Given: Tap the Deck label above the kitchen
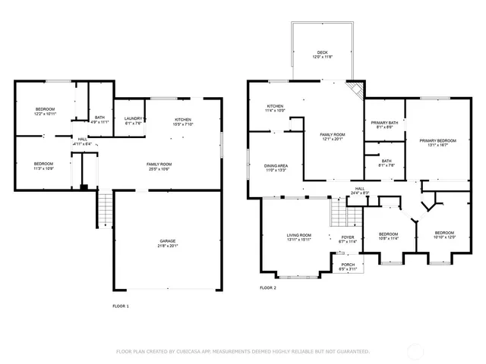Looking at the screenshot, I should coord(323,55).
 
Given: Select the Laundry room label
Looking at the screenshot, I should coord(134,121).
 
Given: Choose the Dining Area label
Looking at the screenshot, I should coord(276,168).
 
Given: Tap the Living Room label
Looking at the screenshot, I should coord(300,237).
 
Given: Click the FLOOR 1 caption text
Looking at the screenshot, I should coord(121,306).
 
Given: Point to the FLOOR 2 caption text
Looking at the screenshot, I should coord(267,288).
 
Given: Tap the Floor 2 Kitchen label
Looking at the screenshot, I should coord(275,108).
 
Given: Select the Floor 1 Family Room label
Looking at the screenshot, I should coord(159,166).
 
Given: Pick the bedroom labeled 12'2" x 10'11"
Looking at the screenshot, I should coord(45,112).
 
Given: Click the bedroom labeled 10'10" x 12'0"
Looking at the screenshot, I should coord(443,235).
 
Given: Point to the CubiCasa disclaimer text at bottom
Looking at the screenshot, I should coord(242,351).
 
